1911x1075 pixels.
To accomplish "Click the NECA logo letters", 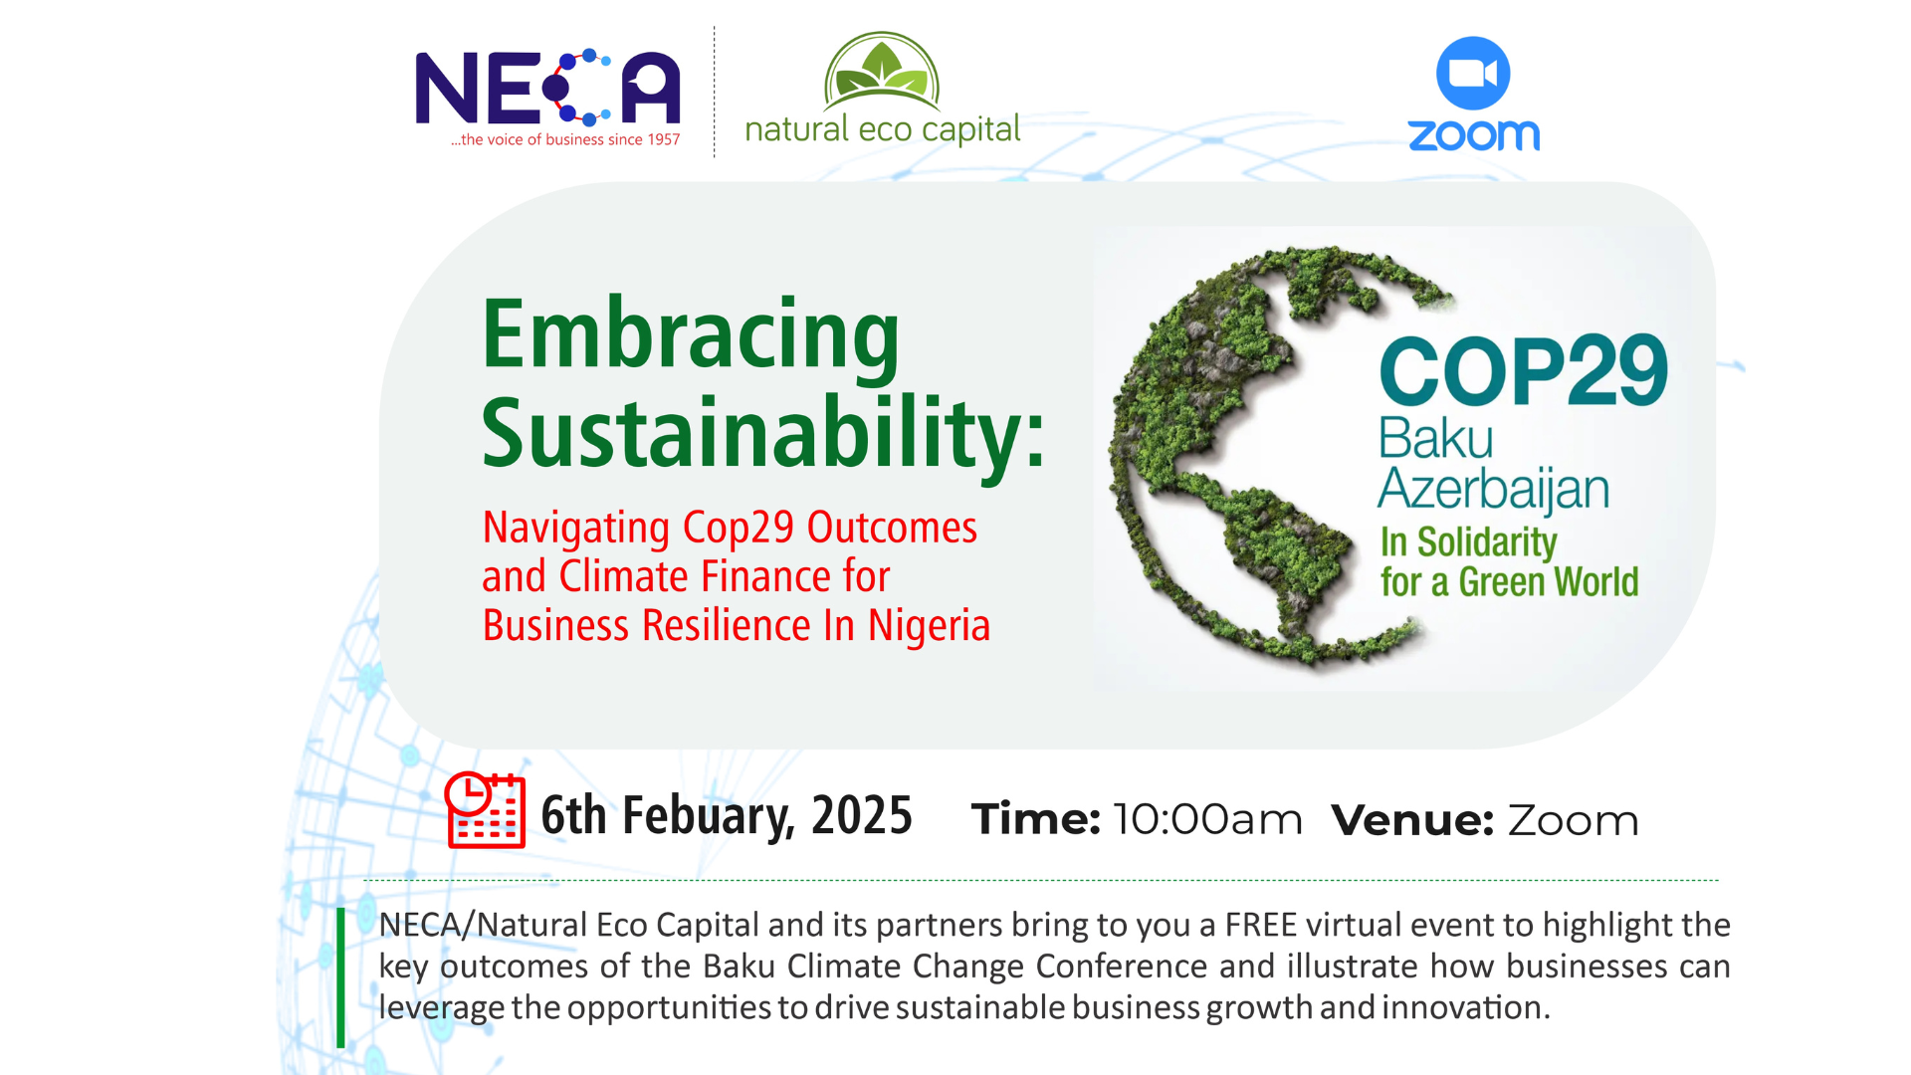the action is coord(547,88).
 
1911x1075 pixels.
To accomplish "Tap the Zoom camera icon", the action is coord(1473,73).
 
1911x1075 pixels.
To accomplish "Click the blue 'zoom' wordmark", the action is coord(1474,134).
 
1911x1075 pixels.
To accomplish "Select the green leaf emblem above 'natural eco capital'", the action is coord(882,71).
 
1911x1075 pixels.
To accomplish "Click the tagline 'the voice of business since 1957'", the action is coord(565,139).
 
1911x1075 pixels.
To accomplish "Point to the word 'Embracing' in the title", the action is coord(691,335).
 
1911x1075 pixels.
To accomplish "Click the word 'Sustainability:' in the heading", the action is coord(763,432).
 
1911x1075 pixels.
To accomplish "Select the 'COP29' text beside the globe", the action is coord(1524,371).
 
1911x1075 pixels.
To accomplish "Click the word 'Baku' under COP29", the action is coord(1436,439).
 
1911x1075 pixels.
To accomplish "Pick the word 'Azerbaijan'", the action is coord(1494,490).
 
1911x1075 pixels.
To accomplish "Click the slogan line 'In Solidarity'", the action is coord(1468,542).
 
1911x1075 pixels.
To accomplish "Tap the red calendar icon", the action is coord(485,809).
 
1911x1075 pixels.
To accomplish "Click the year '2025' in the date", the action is coord(862,816).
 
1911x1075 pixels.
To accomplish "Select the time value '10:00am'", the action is coord(1207,820).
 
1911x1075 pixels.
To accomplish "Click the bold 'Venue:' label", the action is coord(1412,820).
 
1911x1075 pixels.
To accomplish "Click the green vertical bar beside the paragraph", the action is coord(340,977).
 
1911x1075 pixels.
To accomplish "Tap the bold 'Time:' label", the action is coord(1036,820).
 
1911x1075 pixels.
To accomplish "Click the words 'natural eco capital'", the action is coord(883,130).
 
